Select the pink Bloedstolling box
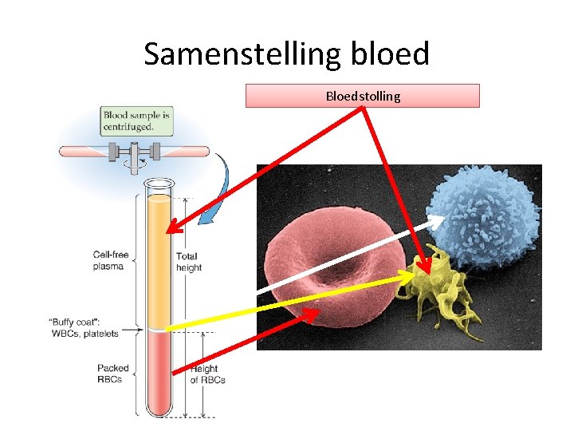(x=363, y=97)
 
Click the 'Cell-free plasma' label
(x=108, y=260)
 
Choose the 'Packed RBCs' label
(x=113, y=374)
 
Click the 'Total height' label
(x=189, y=262)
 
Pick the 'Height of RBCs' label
(x=206, y=374)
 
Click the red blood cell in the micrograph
(x=335, y=271)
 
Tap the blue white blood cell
(x=486, y=215)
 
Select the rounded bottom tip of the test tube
(x=159, y=410)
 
